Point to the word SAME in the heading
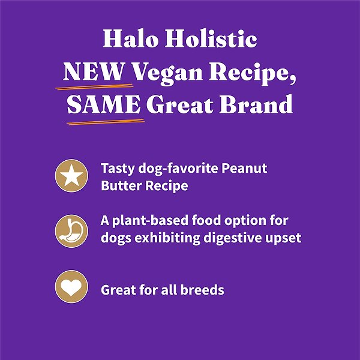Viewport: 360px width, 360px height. (x=103, y=105)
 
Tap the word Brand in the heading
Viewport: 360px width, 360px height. (x=262, y=105)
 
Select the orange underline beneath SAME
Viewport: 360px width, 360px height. (x=105, y=122)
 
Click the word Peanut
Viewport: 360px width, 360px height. (x=246, y=169)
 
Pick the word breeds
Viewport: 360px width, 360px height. (x=201, y=290)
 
